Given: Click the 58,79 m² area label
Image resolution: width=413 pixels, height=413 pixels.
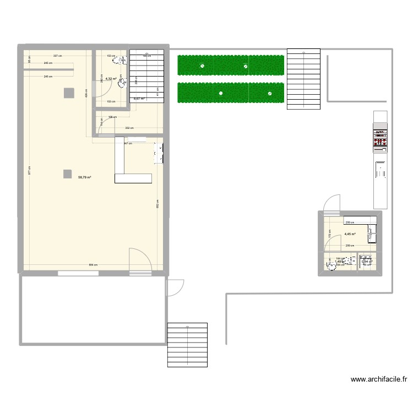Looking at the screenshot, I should click(x=84, y=177).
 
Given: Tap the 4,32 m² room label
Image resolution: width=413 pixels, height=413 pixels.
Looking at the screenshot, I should click(x=111, y=79).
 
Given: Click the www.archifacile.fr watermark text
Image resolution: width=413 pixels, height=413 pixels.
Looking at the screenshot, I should click(x=379, y=379).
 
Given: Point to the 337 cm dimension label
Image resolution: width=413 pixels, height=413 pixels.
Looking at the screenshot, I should click(x=57, y=56).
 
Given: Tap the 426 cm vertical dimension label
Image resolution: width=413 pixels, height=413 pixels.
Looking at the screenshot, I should click(x=86, y=94).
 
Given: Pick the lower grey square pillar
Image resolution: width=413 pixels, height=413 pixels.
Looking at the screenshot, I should click(x=67, y=174).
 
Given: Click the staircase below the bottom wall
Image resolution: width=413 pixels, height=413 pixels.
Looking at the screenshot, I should click(x=187, y=345).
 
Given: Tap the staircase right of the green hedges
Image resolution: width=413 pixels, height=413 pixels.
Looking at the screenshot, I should click(x=303, y=78).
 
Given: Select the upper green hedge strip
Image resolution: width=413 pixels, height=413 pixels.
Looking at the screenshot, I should click(x=230, y=65).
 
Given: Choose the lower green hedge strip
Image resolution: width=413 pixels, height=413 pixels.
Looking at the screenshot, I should click(x=230, y=93).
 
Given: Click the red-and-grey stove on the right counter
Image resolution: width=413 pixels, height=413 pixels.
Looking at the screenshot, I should click(x=379, y=140).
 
